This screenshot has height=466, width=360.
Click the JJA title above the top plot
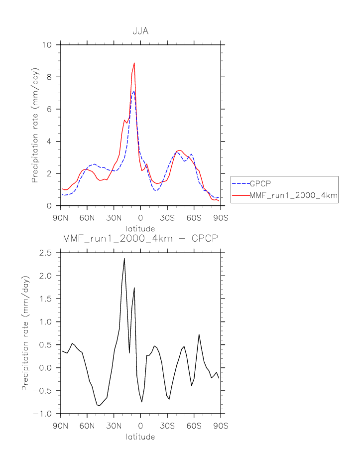coord(140,31)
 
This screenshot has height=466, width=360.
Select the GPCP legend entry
coord(257,183)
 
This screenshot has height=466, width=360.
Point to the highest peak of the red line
coord(134,63)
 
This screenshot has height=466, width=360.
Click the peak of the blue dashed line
coord(134,91)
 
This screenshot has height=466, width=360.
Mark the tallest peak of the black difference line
coord(124,258)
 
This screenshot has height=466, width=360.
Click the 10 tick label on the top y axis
coord(48,45)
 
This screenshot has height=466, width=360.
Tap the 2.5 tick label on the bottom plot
coord(46,253)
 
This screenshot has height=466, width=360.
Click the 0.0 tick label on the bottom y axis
coord(46,368)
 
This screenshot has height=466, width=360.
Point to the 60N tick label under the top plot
coord(87,217)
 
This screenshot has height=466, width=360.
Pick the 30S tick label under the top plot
coord(167,217)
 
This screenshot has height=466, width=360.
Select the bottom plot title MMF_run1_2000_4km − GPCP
coord(140,239)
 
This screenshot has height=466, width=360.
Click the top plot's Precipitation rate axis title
coord(35,125)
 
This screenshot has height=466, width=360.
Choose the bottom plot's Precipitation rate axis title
coord(25,333)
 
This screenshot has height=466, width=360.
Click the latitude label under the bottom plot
coord(140,437)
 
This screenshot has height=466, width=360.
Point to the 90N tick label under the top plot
coord(60,217)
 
